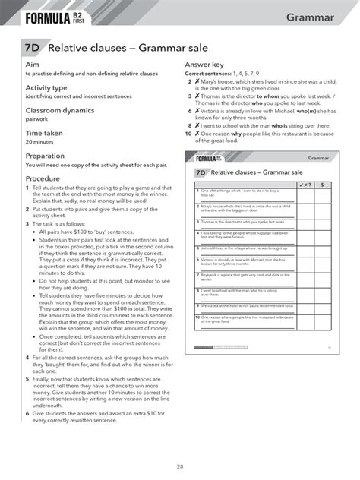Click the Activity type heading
point(49,88)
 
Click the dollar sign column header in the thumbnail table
point(321,185)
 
